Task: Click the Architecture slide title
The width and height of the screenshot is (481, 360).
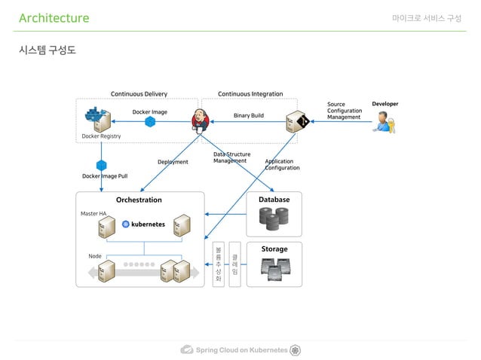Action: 54,18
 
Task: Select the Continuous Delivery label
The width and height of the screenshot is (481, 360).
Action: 139,94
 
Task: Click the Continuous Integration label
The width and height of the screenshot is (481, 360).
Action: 250,94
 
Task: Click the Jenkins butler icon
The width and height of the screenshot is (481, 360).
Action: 200,119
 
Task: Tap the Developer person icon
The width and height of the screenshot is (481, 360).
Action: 384,121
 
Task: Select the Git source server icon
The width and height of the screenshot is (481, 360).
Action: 298,121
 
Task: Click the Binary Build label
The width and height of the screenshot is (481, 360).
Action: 248,116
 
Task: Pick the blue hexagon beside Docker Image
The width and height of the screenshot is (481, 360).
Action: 150,121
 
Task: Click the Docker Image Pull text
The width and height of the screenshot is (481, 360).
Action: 104,175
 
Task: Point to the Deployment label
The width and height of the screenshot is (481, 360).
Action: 173,161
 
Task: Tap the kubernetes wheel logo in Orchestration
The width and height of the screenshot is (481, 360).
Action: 126,224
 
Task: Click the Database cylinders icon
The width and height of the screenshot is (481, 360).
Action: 274,218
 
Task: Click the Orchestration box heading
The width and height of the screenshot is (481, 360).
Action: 139,200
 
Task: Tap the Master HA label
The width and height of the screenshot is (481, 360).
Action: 93,213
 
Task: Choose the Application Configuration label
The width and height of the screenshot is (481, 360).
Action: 281,164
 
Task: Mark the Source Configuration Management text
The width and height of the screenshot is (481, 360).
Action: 344,111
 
